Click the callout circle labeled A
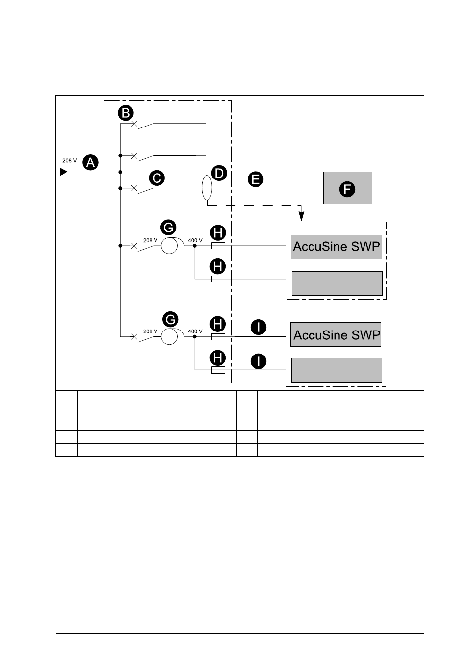90,162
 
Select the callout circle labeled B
126,113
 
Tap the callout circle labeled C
156,178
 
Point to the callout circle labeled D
219,173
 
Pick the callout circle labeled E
256,179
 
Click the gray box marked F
348,188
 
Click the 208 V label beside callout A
70,160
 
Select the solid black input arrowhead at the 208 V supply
63,172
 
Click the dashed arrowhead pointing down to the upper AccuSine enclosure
301,216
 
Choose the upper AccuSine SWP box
337,247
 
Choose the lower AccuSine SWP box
336,334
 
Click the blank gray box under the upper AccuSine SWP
337,283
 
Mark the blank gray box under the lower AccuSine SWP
337,370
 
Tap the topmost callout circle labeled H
218,233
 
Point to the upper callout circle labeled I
259,327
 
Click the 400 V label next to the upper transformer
195,240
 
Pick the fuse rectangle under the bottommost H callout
218,370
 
